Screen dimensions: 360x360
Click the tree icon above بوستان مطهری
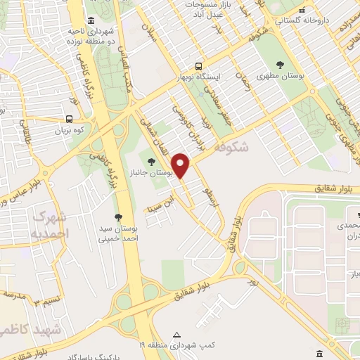pyautogui.click(x=280, y=64)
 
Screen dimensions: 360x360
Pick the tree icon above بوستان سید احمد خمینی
pyautogui.click(x=118, y=217)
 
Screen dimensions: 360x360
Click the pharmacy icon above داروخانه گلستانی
pyautogui.click(x=302, y=11)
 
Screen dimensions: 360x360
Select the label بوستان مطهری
pyautogui.click(x=279, y=75)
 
